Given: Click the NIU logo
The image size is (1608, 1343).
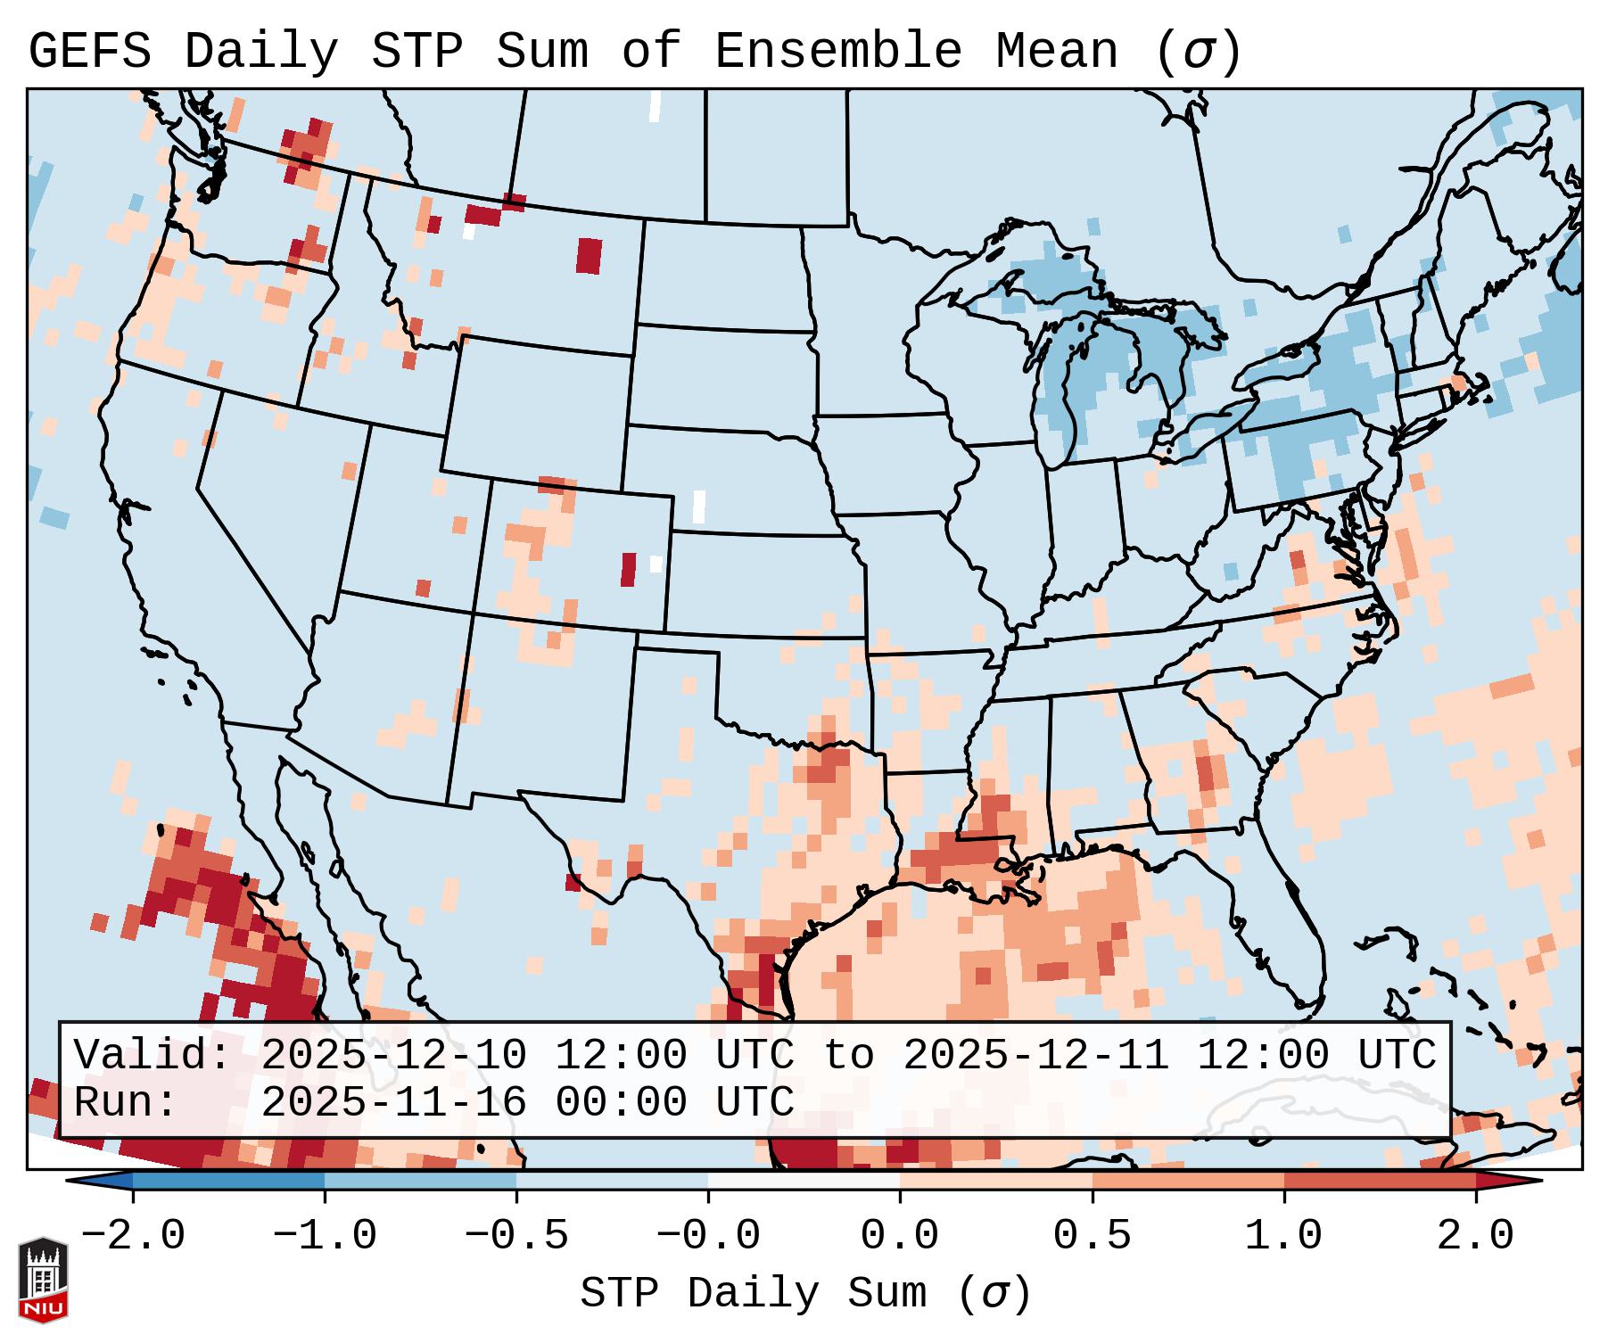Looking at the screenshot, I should (43, 1279).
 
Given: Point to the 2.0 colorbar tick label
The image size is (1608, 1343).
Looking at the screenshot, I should (1476, 1236).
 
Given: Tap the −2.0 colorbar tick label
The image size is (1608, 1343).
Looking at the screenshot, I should (133, 1236).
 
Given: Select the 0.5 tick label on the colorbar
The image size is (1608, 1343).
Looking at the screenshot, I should (1092, 1236).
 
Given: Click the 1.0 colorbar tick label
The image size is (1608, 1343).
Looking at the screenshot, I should (1283, 1236).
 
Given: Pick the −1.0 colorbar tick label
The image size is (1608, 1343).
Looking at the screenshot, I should (325, 1236).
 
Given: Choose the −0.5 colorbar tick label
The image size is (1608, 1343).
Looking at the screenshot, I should (516, 1236).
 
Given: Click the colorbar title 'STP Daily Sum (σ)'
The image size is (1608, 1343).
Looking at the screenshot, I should (805, 1294).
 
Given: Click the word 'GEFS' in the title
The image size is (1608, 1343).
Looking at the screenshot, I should (90, 52).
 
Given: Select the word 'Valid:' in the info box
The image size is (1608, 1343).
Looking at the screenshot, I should (153, 1056).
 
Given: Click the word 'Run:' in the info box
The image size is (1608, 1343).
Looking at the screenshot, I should (126, 1103).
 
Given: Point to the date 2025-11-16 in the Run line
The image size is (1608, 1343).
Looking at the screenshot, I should (393, 1103).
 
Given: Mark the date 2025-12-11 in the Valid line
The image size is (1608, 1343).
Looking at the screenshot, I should (1035, 1056).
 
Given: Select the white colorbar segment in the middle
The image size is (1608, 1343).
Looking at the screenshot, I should (804, 1181).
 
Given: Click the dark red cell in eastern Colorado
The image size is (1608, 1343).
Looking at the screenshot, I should (629, 569).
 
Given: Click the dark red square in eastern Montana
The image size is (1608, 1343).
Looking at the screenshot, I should (589, 255).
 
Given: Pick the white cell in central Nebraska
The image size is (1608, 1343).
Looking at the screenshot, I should (698, 507).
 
